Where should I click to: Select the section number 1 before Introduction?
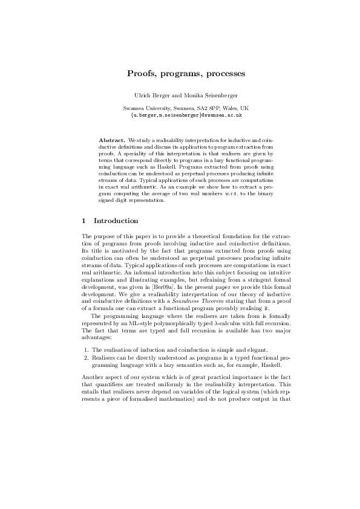[x=83, y=221]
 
